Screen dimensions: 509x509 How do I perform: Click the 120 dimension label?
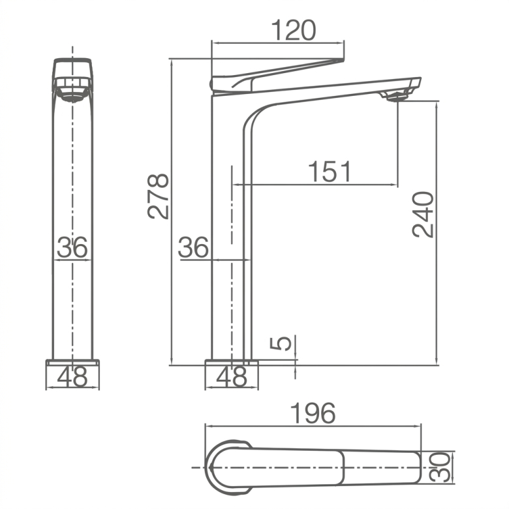(x=293, y=31)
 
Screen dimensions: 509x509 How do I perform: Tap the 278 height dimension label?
(x=158, y=196)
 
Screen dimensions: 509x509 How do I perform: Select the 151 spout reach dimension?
(x=330, y=171)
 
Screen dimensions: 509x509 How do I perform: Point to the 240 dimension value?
(x=423, y=215)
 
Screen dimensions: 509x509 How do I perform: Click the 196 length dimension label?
(x=313, y=413)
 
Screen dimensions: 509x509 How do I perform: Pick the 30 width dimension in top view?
(x=440, y=467)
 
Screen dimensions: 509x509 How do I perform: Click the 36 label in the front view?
(x=72, y=247)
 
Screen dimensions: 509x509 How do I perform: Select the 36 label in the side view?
(x=193, y=247)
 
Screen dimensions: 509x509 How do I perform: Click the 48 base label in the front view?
(x=72, y=377)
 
